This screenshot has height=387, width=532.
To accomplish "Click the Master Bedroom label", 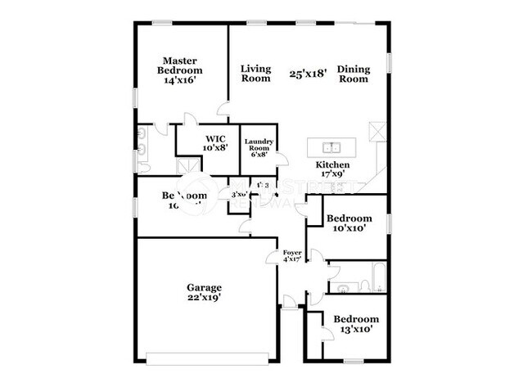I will pos(180,65).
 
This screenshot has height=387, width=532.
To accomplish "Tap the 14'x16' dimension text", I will pos(180,81).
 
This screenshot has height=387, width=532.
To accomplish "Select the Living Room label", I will pos(255,74).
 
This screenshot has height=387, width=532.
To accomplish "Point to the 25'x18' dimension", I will pos(309,74).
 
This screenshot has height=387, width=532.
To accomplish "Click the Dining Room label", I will pos(353,74).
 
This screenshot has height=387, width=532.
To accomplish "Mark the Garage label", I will pos(205,287).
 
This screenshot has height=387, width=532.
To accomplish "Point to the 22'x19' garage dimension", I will pos(205,299).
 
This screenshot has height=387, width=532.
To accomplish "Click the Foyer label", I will pos(292,253).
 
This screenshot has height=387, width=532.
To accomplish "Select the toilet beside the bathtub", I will pos(343,287).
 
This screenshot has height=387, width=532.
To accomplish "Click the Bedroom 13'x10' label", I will pos(355,324).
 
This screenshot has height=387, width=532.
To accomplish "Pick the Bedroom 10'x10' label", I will pos(349,223).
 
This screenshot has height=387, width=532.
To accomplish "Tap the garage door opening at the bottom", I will pos(210,357).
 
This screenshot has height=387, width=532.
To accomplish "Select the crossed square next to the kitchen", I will pos(377,131).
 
